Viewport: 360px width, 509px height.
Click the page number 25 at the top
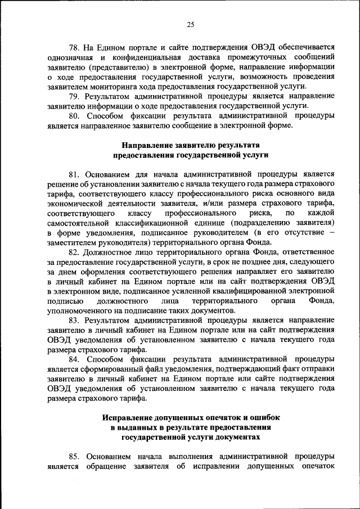[x=191, y=24]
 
